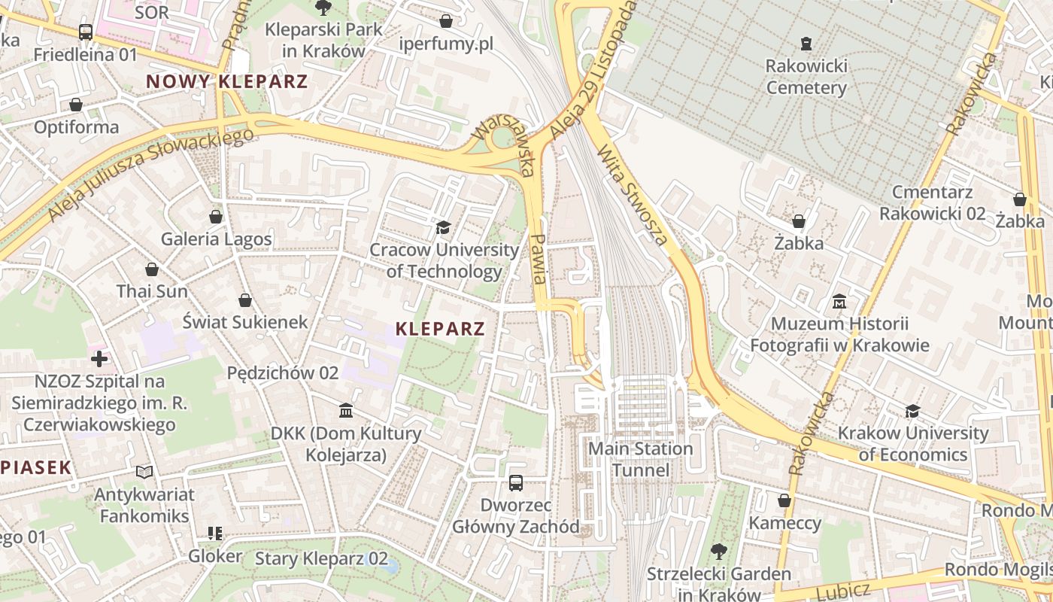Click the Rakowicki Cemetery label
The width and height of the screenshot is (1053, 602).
click(806, 77)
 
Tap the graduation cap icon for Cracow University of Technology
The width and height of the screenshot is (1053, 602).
click(444, 227)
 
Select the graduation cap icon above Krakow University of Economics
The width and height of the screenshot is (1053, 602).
click(912, 411)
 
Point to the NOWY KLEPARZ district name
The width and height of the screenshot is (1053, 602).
click(227, 82)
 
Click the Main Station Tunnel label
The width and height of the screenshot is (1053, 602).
click(640, 460)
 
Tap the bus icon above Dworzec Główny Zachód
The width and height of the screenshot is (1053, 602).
click(516, 483)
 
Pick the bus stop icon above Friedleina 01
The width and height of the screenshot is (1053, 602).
click(86, 32)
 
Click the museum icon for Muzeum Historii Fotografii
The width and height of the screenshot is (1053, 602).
click(839, 302)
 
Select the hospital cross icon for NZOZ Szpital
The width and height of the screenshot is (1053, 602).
click(99, 358)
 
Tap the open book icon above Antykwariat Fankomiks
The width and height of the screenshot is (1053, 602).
click(144, 472)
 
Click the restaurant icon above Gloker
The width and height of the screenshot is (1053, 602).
click(215, 534)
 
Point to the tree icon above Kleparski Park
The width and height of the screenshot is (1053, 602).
click(323, 8)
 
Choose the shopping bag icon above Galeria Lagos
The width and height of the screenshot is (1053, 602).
click(216, 217)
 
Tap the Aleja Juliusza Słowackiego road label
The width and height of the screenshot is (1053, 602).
click(150, 175)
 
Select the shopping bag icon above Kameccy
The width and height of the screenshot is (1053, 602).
click(784, 500)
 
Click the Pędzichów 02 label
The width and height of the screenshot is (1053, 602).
click(283, 373)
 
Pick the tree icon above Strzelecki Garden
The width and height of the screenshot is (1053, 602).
click(718, 552)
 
